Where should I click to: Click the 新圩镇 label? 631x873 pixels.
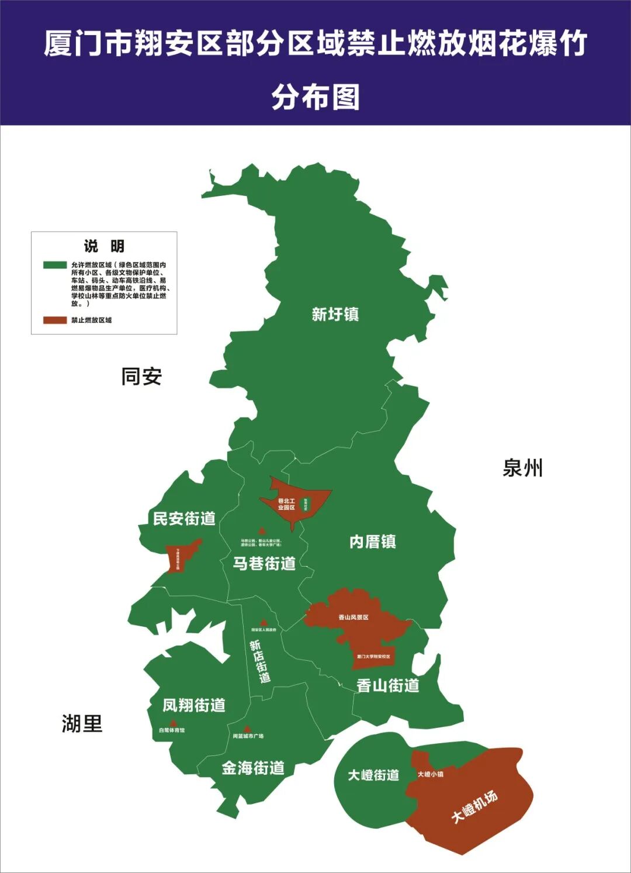(335, 315)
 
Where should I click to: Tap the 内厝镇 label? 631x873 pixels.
(373, 542)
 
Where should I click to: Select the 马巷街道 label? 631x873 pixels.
(264, 564)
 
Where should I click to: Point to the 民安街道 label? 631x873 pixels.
(184, 519)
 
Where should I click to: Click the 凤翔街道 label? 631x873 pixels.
(194, 705)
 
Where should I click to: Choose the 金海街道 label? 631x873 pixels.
(253, 768)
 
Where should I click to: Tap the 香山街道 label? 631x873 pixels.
(388, 685)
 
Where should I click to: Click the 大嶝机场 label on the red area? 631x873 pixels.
(474, 807)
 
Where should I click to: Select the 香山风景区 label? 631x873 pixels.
(353, 617)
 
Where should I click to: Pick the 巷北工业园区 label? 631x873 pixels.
(286, 504)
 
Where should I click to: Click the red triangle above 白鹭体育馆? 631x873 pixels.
(173, 723)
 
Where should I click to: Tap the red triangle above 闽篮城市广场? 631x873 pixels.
(247, 729)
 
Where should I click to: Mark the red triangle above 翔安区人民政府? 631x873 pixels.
(264, 623)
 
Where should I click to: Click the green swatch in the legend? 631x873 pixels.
(55, 265)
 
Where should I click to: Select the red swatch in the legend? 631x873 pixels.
(55, 320)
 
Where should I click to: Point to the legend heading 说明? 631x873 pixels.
(104, 246)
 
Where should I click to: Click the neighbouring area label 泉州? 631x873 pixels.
(523, 468)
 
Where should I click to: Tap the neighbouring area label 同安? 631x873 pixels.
(141, 377)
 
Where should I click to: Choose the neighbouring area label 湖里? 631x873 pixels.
(82, 724)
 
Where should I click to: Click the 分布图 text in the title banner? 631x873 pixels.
(315, 97)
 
